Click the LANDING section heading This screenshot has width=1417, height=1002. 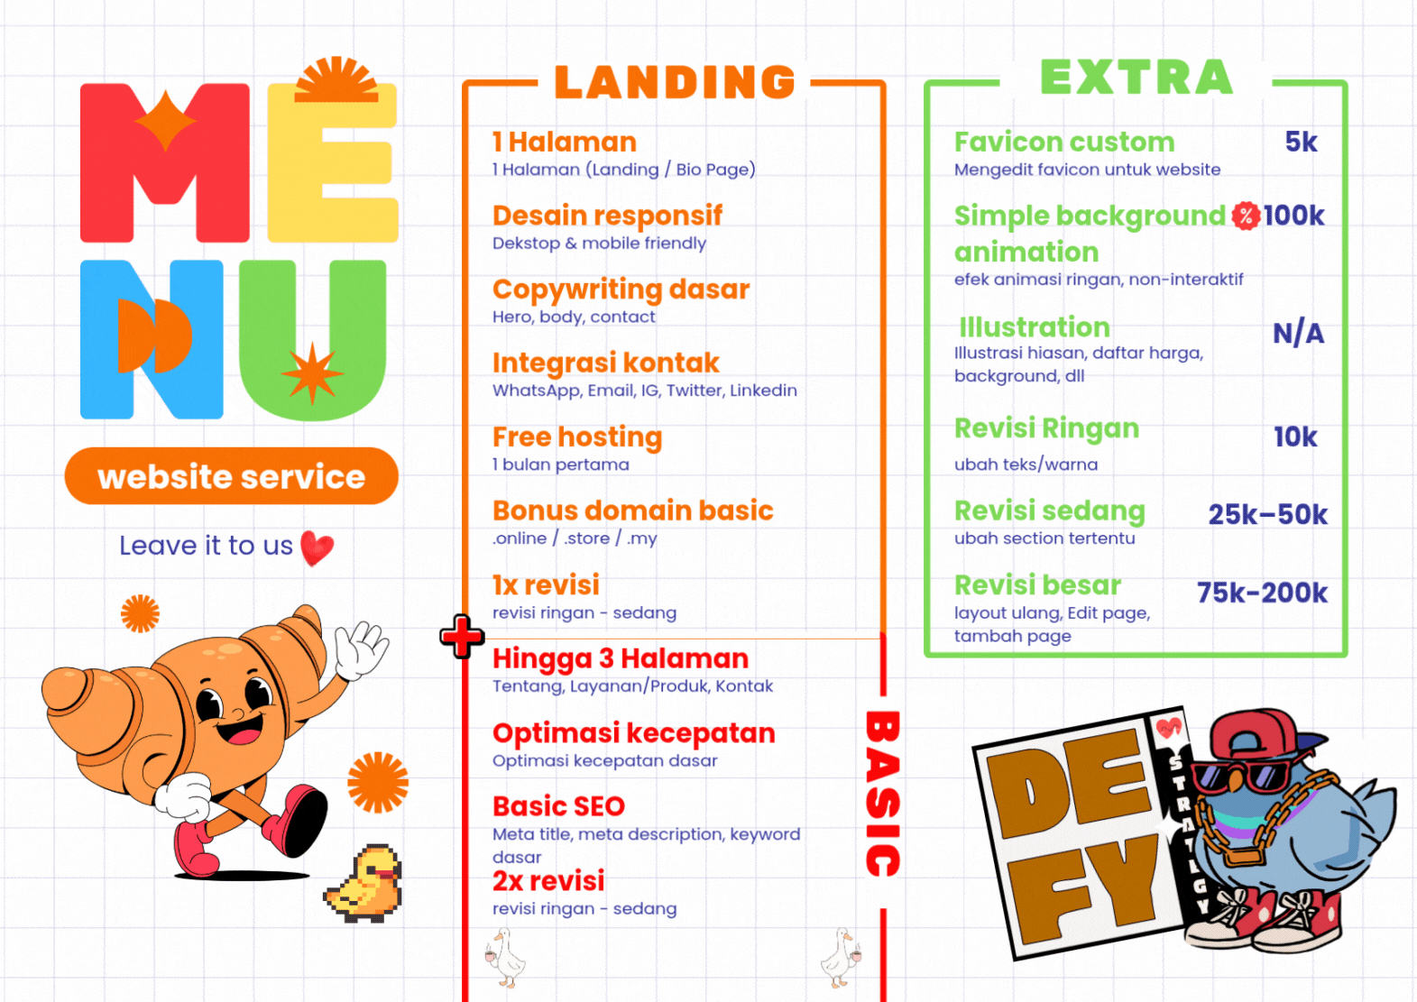675,82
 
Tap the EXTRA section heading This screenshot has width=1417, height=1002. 1136,78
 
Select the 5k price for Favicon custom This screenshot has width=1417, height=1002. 1301,142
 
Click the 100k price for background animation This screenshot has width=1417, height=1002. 1293,216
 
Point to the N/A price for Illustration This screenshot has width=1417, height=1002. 1298,334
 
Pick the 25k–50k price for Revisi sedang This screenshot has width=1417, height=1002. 1267,514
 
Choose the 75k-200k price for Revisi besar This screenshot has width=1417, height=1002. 1262,593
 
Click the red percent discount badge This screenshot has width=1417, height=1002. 1246,216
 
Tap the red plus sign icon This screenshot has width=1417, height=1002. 462,637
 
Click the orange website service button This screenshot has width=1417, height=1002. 231,476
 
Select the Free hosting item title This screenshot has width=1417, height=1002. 577,437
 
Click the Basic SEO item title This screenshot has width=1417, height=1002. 558,806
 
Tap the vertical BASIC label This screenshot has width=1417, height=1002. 882,794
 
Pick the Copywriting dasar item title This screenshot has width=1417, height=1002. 621,290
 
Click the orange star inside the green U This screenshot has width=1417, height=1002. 312,372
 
